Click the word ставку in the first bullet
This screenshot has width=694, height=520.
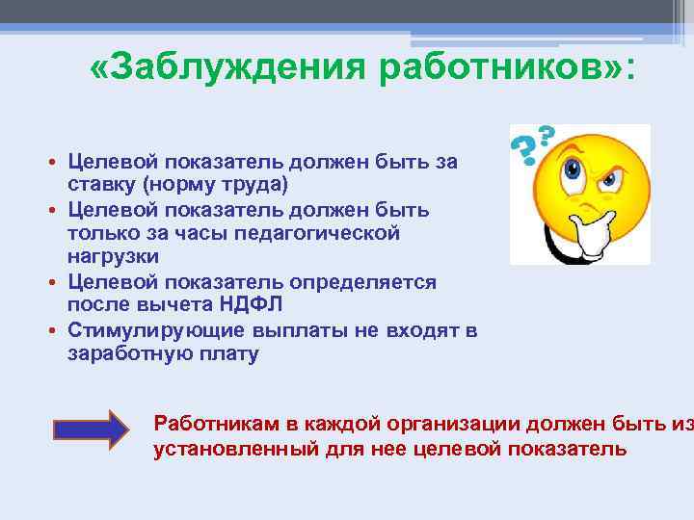[x=101, y=183]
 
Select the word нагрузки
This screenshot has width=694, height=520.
[x=113, y=257]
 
